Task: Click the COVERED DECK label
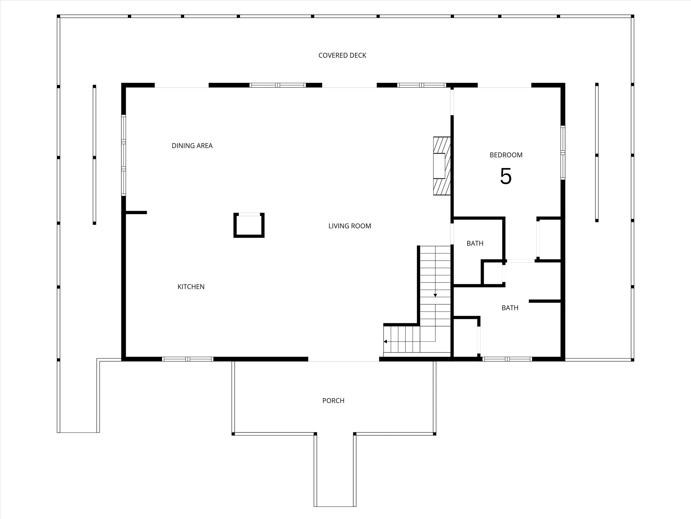tap(342, 55)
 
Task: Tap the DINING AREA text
tap(192, 146)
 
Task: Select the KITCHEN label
tap(191, 287)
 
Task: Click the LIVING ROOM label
tap(350, 226)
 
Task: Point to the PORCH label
tap(333, 401)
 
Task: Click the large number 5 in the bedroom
tap(506, 177)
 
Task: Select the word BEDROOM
tap(506, 155)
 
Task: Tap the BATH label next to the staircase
tap(475, 243)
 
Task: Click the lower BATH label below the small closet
tap(510, 308)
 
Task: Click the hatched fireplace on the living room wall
tap(442, 166)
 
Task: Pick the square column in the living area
tap(249, 225)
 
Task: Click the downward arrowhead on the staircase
tap(435, 295)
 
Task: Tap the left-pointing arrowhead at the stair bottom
tap(386, 342)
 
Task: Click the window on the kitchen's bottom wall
tap(188, 359)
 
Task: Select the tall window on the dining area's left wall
tap(124, 155)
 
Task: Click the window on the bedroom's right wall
tap(563, 153)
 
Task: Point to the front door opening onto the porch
tap(343, 361)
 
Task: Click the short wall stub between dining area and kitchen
tap(136, 213)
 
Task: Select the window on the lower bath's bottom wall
tap(507, 359)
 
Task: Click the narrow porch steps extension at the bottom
tap(335, 475)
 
